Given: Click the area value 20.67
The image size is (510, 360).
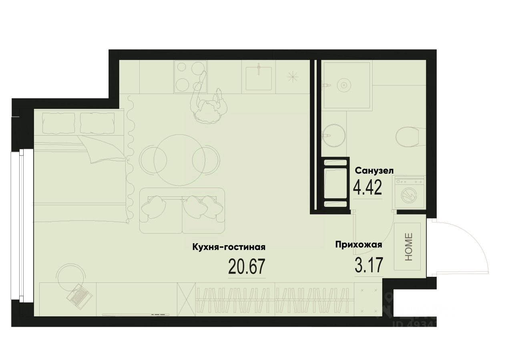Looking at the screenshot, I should tap(247, 267).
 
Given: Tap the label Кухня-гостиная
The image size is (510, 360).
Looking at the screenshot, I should tap(229, 247).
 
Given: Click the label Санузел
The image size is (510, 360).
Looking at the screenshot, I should tap(374, 171).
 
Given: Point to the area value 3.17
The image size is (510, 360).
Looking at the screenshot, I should tap(369, 265).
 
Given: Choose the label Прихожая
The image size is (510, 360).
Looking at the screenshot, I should tap(358, 245).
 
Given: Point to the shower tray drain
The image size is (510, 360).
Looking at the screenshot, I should tap(343, 84).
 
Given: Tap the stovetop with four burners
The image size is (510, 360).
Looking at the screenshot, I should tap(191, 76).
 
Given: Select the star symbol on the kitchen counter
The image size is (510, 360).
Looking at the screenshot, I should tap(293, 77).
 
